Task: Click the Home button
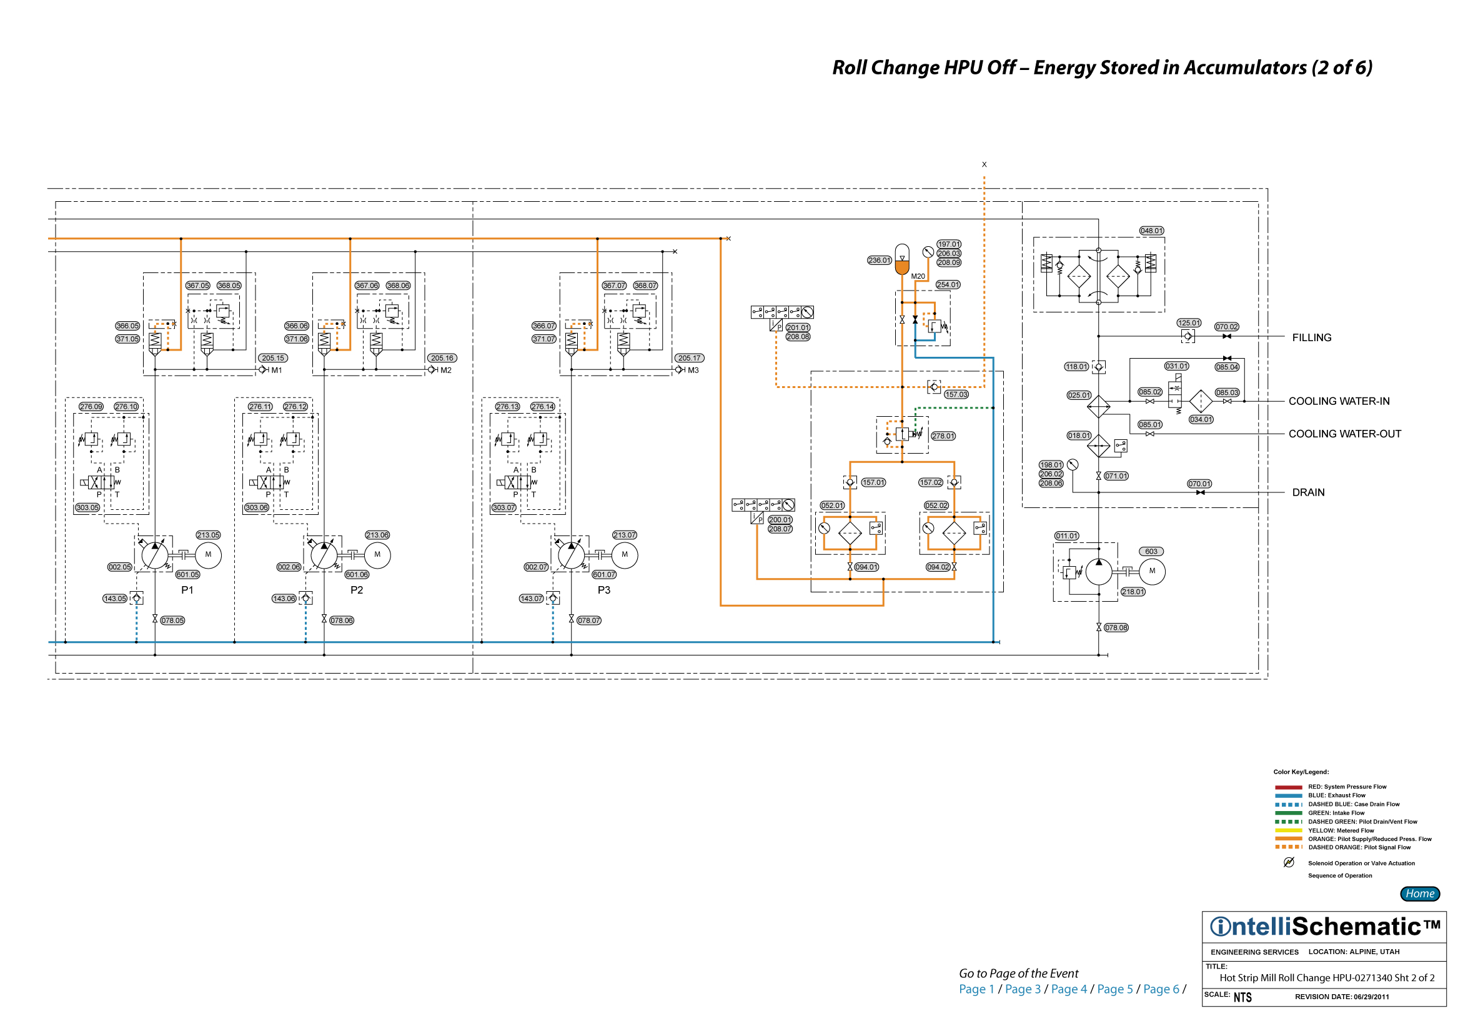[x=1419, y=894]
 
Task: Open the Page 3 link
[x=1023, y=989]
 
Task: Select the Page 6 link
[x=1161, y=989]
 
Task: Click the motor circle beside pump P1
[x=208, y=554]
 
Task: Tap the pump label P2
[x=357, y=590]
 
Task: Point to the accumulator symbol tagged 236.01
[x=901, y=259]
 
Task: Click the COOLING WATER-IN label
[x=1339, y=401]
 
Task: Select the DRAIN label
[x=1308, y=492]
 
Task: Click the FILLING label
[x=1311, y=337]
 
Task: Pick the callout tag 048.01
[x=1151, y=231]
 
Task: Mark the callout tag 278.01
[x=943, y=436]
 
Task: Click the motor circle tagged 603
[x=1152, y=571]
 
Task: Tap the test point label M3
[x=693, y=371]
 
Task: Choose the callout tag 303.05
[x=87, y=508]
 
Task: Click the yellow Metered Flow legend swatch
[x=1288, y=830]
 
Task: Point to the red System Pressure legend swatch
[x=1288, y=787]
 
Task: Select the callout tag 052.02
[x=936, y=506]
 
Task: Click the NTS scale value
[x=1242, y=997]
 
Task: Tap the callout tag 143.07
[x=532, y=599]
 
